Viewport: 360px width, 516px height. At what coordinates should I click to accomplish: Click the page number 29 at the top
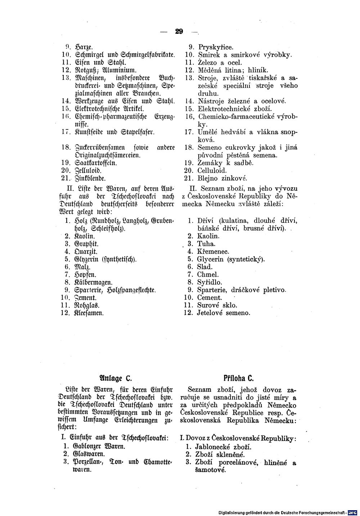click(179, 32)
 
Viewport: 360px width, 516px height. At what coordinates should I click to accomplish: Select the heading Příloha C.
click(239, 378)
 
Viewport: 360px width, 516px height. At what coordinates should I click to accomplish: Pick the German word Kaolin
click(85, 236)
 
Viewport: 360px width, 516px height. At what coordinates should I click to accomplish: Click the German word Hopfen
click(83, 275)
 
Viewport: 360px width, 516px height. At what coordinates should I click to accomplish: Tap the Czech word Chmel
click(208, 275)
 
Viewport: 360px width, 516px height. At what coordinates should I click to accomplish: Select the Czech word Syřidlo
click(210, 282)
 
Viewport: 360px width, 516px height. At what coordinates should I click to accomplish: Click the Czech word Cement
click(210, 298)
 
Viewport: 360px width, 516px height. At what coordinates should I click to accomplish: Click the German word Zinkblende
click(91, 178)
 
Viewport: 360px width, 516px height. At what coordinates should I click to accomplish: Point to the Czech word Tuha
click(206, 244)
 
